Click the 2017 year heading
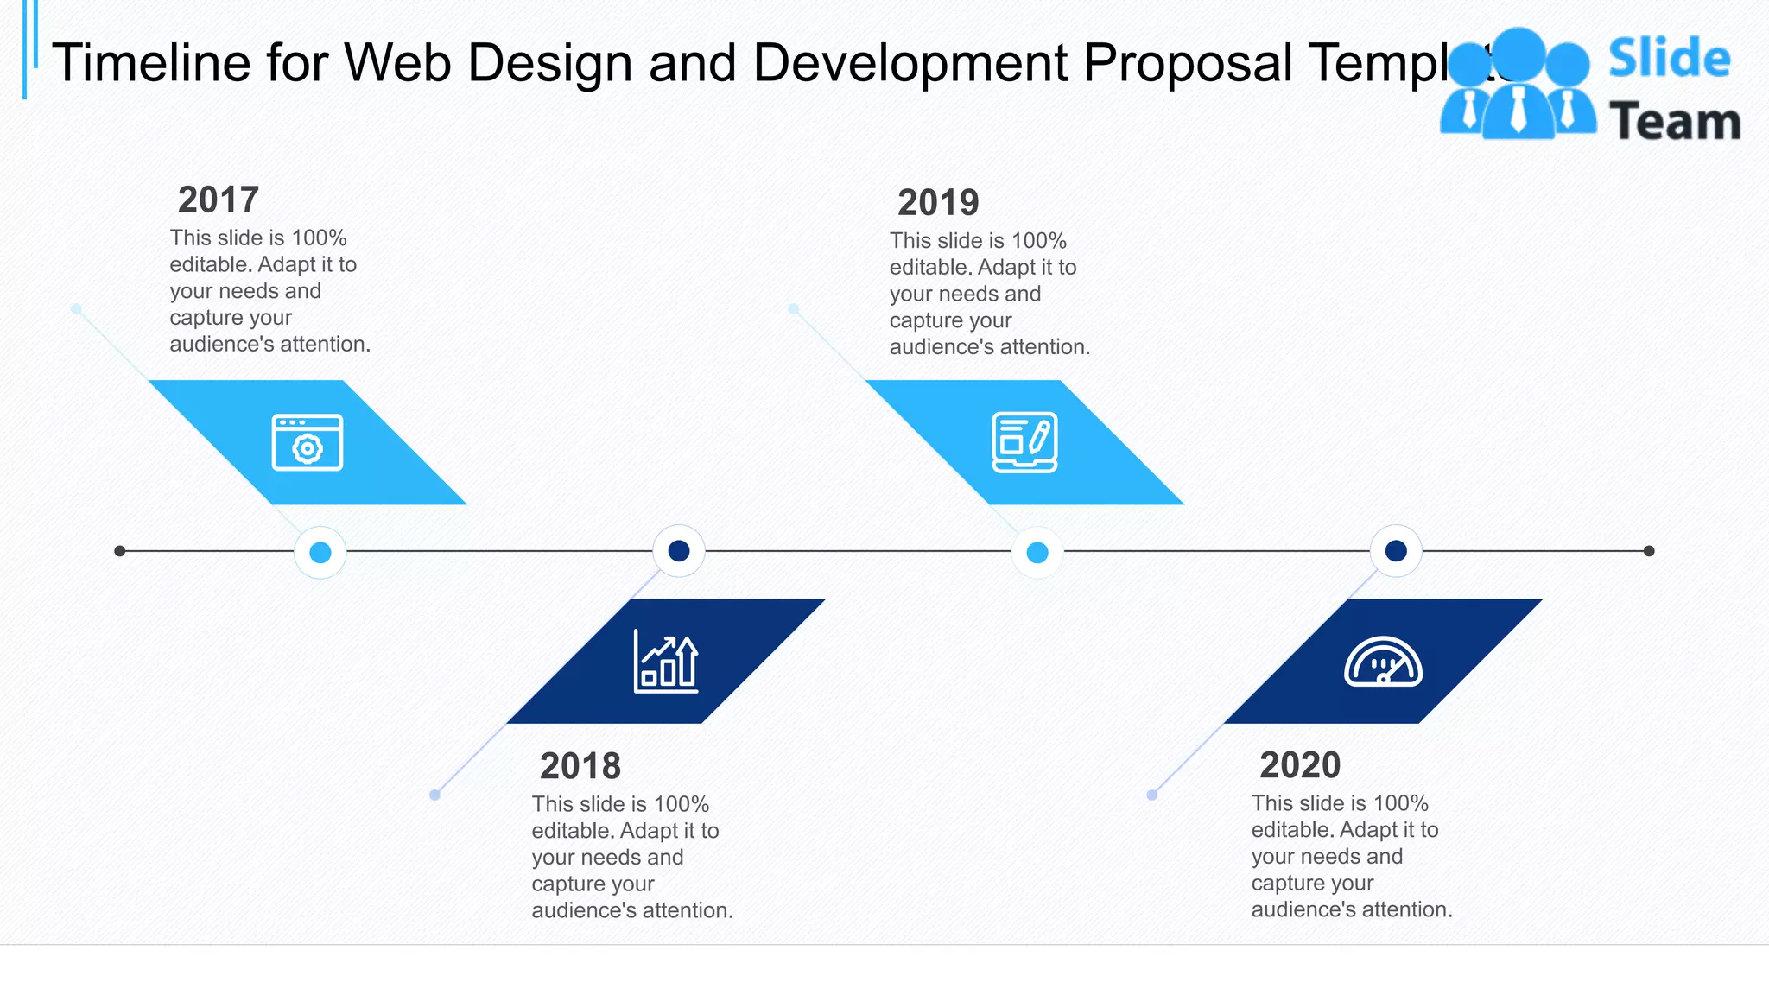pos(219,200)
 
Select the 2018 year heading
pos(580,766)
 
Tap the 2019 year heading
pos(938,203)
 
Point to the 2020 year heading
pos(1300,765)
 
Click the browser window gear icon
pos(308,442)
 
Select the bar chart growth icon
pos(666,662)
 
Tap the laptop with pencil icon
pos(1024,442)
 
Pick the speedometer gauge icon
pos(1383,662)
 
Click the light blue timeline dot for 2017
pos(320,552)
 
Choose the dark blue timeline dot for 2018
pos(679,551)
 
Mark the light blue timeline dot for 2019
pos(1037,552)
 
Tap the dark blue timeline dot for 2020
pos(1396,551)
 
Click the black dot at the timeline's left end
pos(120,551)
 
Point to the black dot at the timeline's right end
pos(1649,551)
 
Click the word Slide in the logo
pos(1669,59)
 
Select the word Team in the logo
pos(1675,121)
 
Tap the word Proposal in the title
pos(1188,63)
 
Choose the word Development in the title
pos(910,63)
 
